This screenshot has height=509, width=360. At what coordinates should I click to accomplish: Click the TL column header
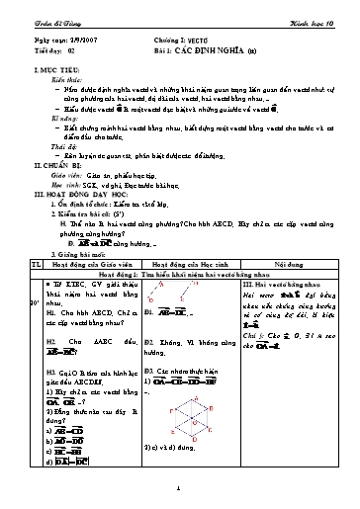click(35, 291)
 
